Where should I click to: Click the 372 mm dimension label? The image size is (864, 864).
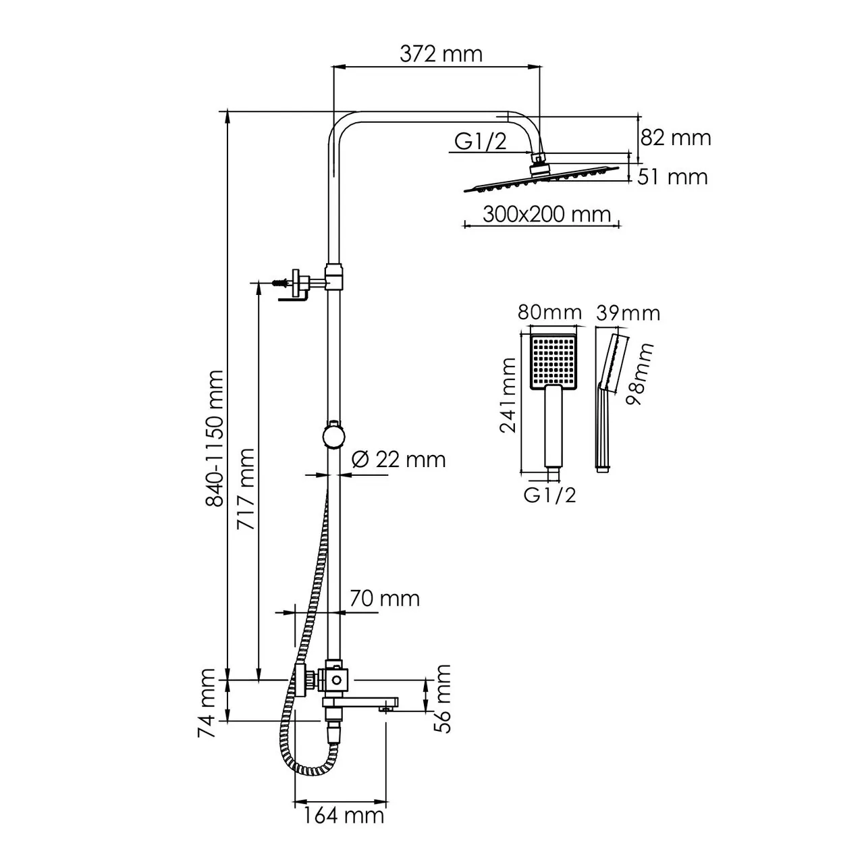pos(441,54)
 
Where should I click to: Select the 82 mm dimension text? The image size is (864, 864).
pos(675,138)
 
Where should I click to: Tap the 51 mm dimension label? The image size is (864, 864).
pos(674,177)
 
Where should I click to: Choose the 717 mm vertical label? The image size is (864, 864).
pos(246,489)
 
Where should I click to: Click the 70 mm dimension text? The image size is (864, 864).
pos(384,598)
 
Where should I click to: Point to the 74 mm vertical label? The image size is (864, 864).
pos(208,703)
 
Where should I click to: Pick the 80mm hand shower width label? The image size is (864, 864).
pos(549,313)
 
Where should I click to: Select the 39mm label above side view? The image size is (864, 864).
pos(628,313)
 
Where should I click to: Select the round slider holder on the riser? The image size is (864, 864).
pos(333,435)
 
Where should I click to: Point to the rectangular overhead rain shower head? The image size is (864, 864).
pos(541,180)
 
